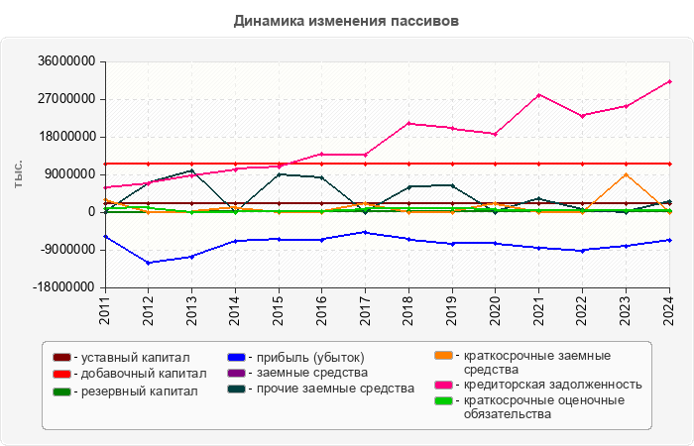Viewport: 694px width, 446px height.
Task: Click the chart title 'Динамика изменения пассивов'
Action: coord(346,21)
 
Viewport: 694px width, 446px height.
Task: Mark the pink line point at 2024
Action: coord(669,81)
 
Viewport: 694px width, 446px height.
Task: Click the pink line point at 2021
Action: coord(538,95)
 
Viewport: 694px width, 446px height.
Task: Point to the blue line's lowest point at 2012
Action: coord(148,263)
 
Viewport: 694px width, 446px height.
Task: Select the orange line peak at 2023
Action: coord(626,174)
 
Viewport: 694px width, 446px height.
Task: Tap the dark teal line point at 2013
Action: coord(191,170)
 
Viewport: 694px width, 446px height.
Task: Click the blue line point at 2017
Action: coord(365,232)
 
